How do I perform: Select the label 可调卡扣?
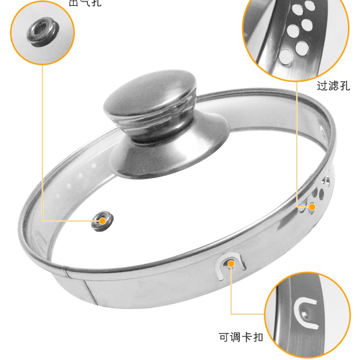[241, 337]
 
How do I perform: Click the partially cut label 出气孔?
[85, 3]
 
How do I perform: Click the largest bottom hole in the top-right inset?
[286, 56]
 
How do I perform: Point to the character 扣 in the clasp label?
[257, 337]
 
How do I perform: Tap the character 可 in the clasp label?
[224, 337]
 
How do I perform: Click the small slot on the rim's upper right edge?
[322, 131]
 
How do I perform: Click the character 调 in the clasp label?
[235, 337]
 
